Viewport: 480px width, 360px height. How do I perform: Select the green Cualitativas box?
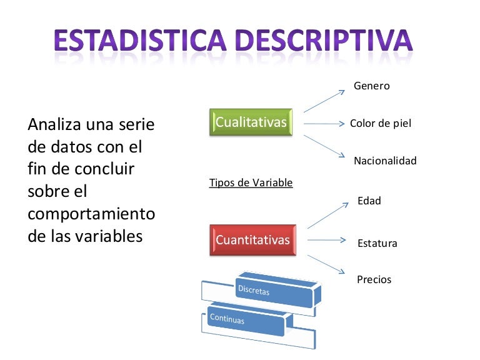click(251, 122)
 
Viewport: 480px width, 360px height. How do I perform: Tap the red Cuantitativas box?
click(252, 240)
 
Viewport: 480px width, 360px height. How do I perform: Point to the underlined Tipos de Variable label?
click(251, 183)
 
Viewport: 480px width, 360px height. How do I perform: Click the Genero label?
click(371, 86)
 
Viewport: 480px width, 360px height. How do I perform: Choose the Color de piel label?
click(380, 123)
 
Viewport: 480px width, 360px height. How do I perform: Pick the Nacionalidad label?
click(384, 161)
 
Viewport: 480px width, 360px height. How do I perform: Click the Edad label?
click(369, 201)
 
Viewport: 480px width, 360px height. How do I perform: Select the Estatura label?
click(377, 243)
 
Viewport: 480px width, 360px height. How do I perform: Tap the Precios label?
click(374, 279)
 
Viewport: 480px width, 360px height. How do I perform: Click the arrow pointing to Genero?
click(324, 101)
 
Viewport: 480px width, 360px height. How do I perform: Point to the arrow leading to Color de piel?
click(324, 124)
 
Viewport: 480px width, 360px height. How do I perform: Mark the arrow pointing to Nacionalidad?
click(324, 146)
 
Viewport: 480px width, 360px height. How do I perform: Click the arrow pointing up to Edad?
click(327, 215)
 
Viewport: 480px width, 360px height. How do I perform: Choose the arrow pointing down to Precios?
click(327, 261)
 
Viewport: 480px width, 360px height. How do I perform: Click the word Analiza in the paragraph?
click(52, 125)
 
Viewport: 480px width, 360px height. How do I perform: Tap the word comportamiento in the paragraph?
click(91, 214)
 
